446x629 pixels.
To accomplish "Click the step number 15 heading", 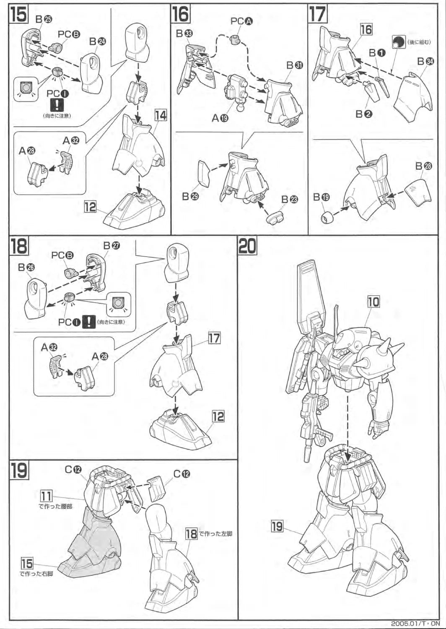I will pos(19,14).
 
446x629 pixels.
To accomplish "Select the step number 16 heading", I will pos(180,14).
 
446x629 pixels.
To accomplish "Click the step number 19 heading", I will pos(19,470).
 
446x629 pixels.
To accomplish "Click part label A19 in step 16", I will pos(220,118).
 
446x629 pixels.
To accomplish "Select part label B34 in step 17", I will pos(425,62).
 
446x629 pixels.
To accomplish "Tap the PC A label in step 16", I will pos(241,21).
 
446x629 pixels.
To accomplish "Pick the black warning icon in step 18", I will pos(89,322).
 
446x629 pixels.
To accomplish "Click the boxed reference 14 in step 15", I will pos(161,115).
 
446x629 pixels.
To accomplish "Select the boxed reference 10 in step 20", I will pos(373,302).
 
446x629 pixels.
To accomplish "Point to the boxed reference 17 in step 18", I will pos(214,338).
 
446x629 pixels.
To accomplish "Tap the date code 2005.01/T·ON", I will pos(415,624).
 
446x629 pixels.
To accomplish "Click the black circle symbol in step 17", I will pos(398,42).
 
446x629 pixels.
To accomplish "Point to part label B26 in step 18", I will pos(26,268).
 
